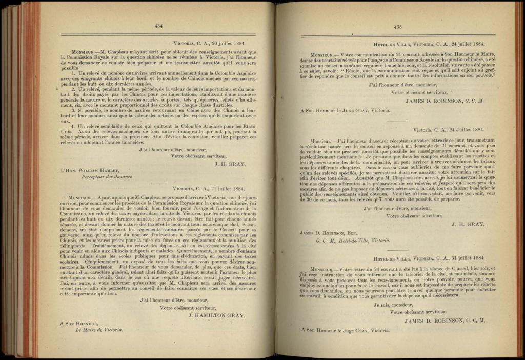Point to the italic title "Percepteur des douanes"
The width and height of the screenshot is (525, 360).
(x=107, y=177)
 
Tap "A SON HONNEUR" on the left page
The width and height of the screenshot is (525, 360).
(x=79, y=324)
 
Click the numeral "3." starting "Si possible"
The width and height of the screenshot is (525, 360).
(x=74, y=109)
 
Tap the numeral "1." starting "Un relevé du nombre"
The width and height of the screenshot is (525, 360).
(x=74, y=74)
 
